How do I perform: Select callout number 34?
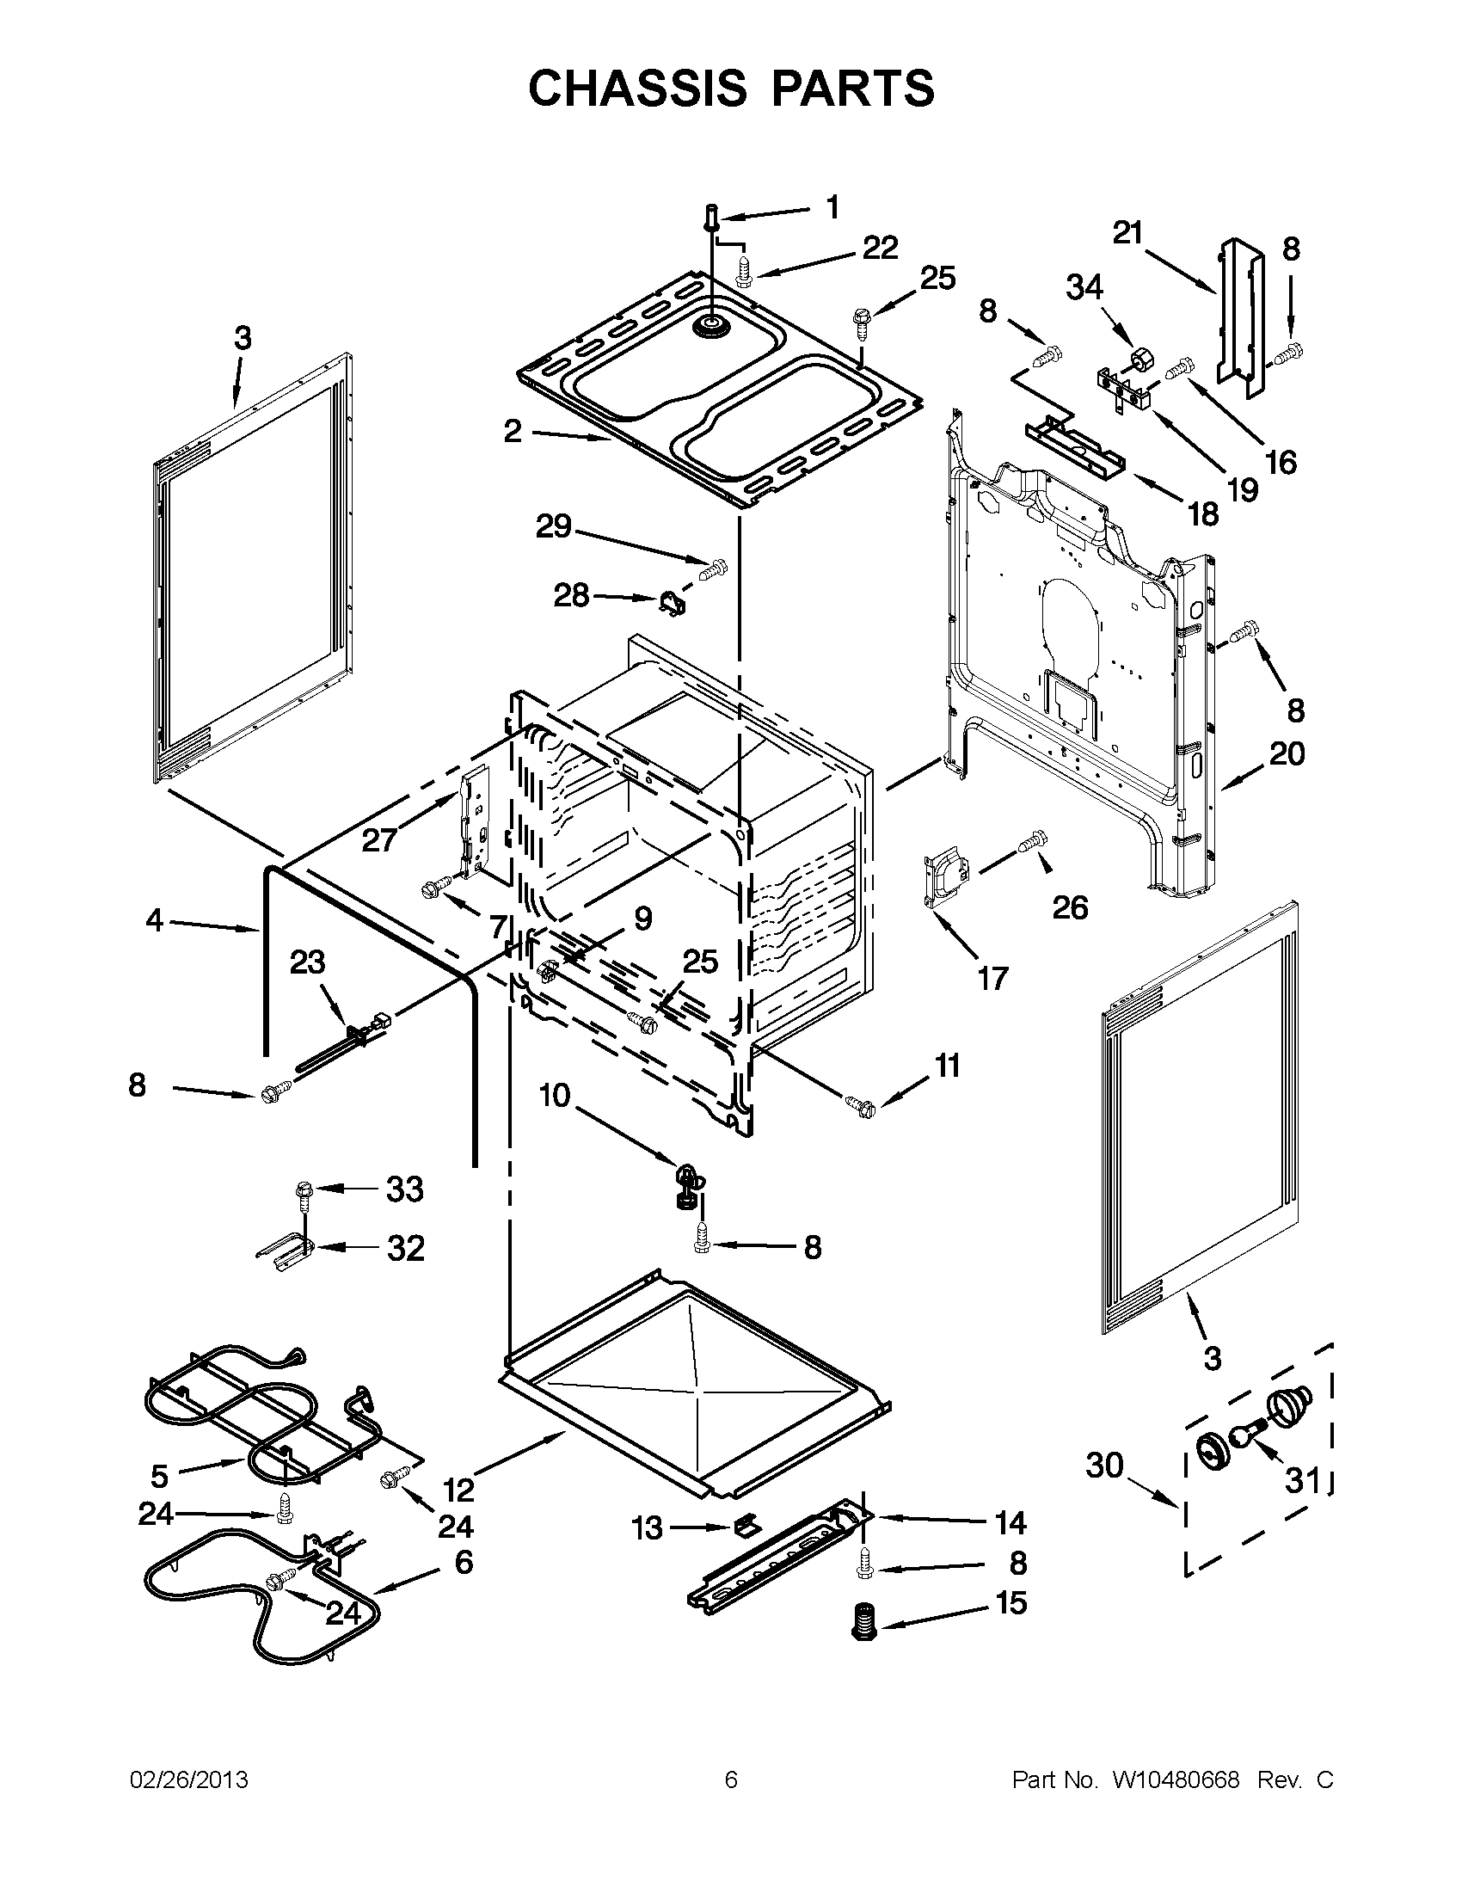[1084, 287]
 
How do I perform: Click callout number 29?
[554, 526]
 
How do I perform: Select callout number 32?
[406, 1248]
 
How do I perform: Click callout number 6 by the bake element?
[464, 1562]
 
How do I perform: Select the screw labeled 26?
[1033, 841]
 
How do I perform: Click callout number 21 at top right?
[1128, 233]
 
